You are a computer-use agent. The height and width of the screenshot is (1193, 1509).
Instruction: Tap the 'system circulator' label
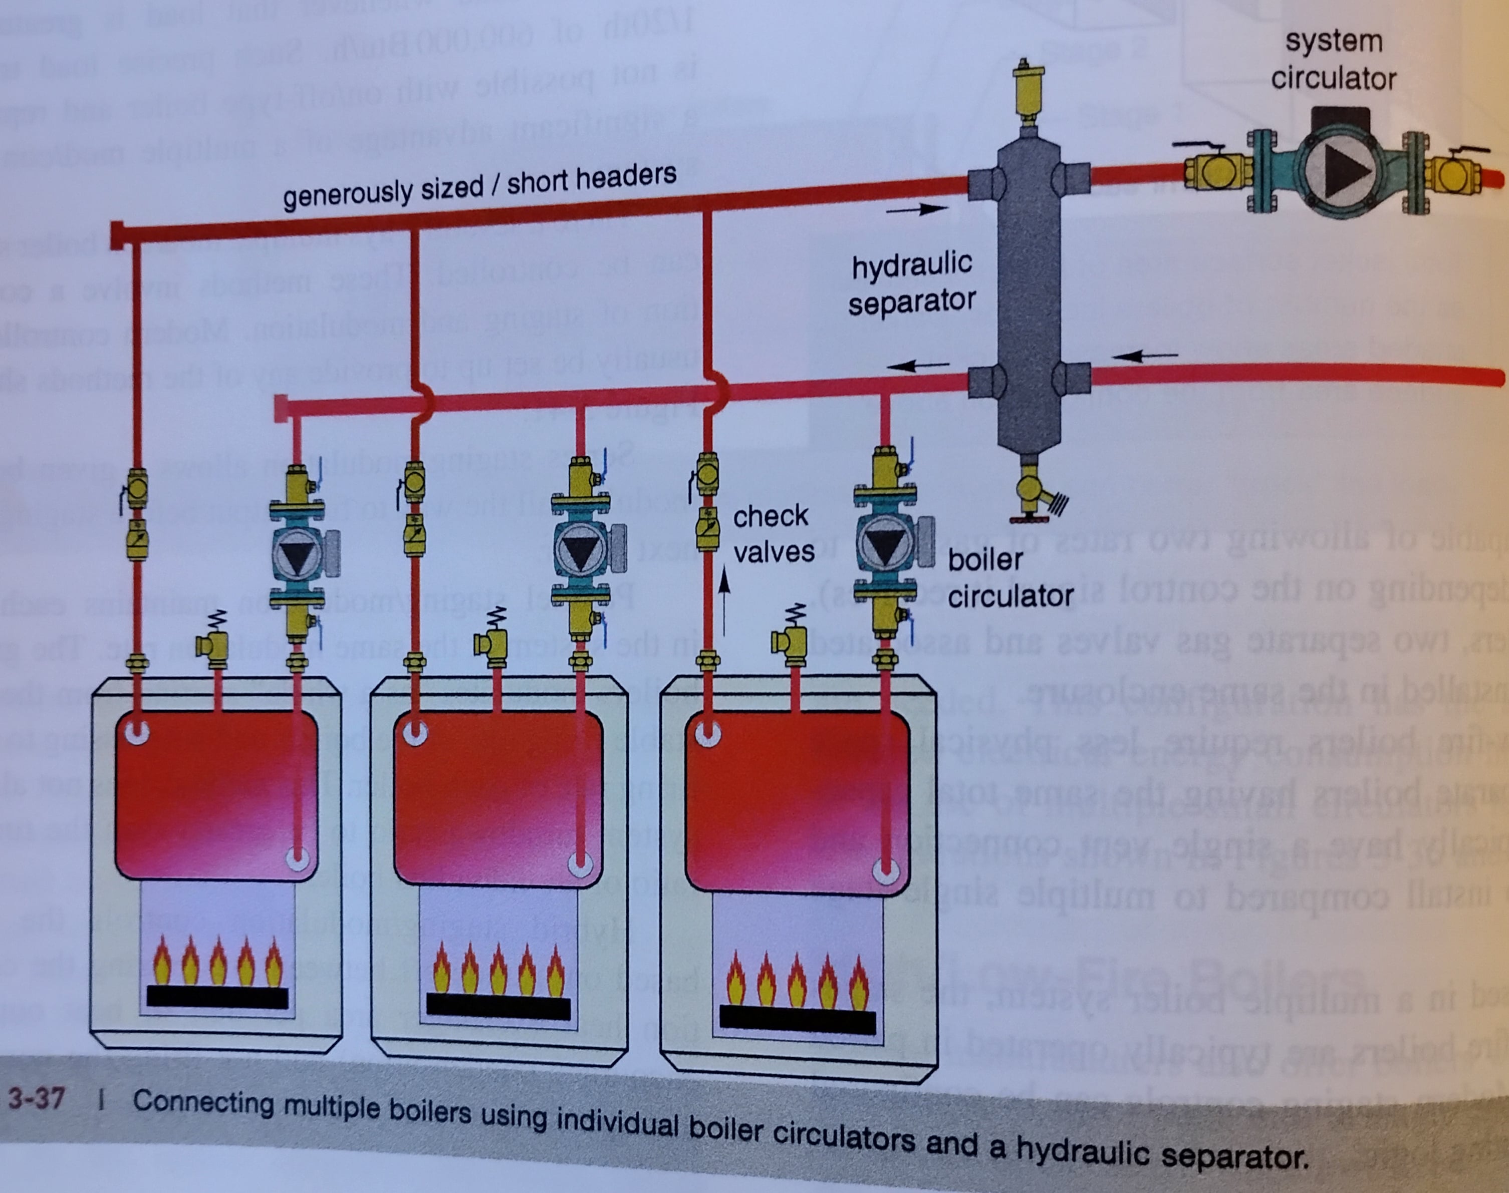[1333, 60]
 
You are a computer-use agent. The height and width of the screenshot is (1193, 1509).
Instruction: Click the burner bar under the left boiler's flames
[217, 998]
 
